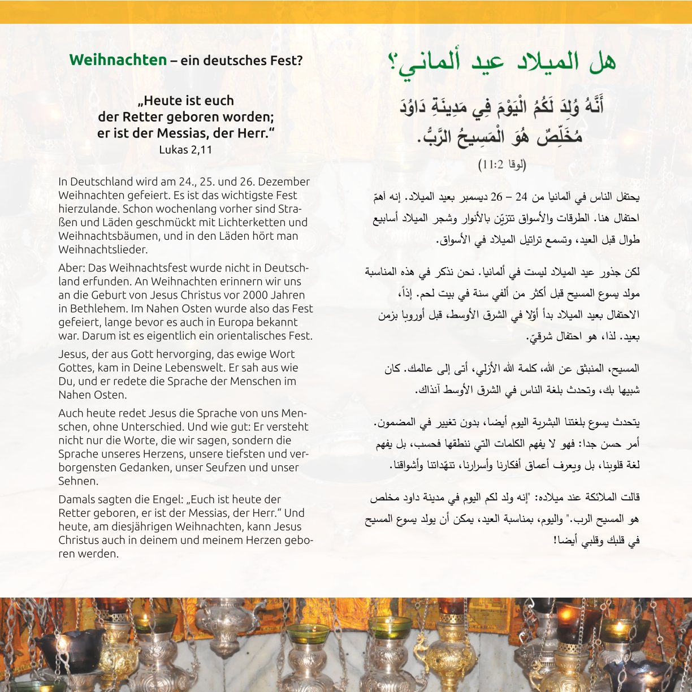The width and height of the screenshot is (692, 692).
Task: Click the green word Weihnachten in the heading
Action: point(118,60)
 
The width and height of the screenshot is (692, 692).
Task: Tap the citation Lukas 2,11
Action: point(185,150)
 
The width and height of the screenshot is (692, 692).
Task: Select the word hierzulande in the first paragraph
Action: point(86,209)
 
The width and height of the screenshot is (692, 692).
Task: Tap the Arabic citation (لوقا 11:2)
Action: point(502,165)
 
